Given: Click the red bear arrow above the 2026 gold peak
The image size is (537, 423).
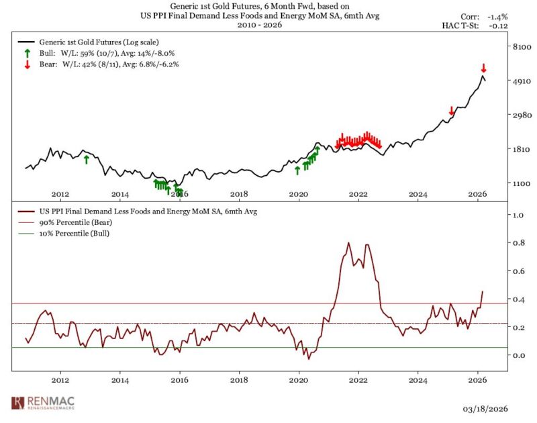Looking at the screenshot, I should [x=483, y=68].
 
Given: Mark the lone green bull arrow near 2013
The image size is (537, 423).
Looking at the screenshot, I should [x=86, y=159].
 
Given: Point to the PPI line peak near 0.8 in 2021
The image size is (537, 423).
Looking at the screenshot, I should [x=348, y=243].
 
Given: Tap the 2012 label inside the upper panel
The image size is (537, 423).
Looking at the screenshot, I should [x=60, y=194].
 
